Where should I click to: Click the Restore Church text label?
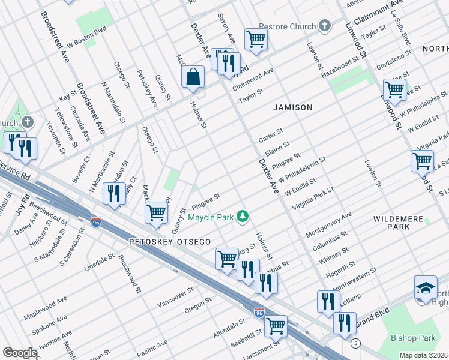pos(287,26)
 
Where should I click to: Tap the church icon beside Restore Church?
pos(325,26)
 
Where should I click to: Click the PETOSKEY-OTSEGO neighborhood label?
pos(160,241)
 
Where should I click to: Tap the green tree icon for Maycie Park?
pos(242,216)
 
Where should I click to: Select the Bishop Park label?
pos(413,338)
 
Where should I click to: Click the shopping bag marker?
pos(193,77)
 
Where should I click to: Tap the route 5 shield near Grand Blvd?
pos(356,343)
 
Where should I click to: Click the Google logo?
pos(20,352)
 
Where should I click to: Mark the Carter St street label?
pos(270,135)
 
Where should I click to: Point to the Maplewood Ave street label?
pos(46,307)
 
